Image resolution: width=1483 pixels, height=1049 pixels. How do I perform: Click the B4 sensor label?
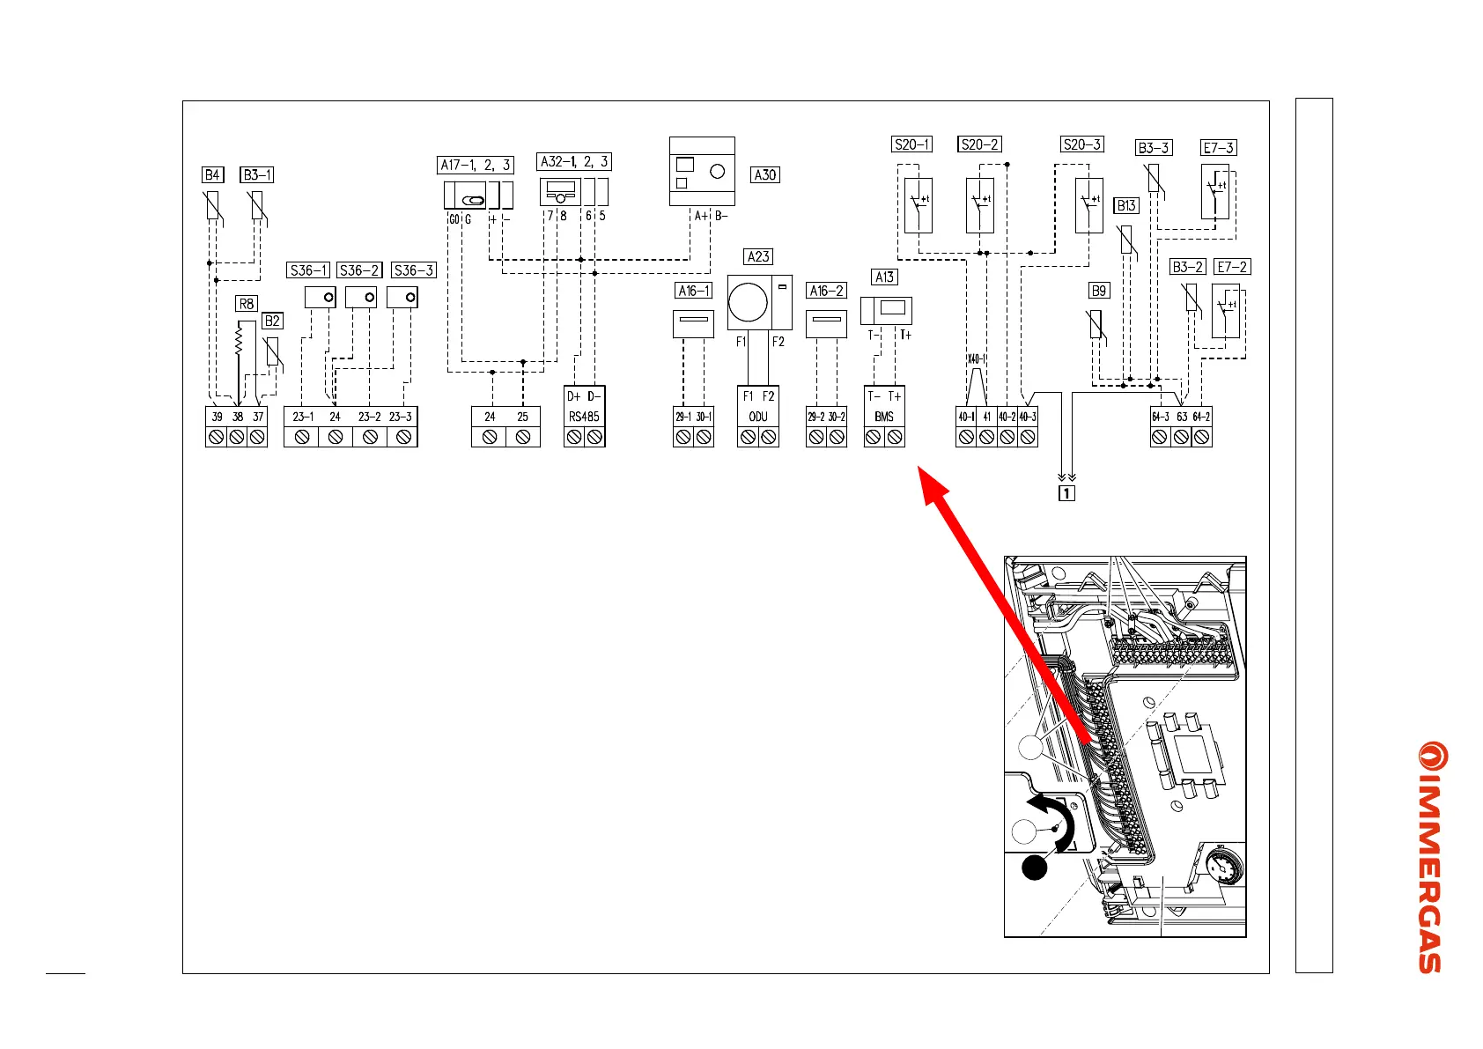point(212,174)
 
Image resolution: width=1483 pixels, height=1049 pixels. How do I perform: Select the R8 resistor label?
point(247,304)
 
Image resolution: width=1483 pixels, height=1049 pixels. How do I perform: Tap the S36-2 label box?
point(360,270)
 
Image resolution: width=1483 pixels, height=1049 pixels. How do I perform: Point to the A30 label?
point(765,174)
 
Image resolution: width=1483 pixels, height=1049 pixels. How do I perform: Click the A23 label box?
point(758,256)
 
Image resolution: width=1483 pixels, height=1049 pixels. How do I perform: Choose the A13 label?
point(885,277)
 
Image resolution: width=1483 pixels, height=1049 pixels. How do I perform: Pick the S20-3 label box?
point(1082,144)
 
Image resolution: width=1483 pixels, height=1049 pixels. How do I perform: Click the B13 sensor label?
point(1126,205)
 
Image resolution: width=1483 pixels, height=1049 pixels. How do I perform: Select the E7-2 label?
point(1232,266)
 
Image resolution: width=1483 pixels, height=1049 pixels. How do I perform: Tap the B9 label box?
point(1099,291)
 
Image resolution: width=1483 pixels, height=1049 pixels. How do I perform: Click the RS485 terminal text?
point(584,417)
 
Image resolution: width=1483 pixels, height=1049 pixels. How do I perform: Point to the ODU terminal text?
point(758,417)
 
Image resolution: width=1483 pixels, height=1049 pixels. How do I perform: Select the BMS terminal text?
point(884,417)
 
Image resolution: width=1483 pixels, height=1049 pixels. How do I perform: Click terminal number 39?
point(217,417)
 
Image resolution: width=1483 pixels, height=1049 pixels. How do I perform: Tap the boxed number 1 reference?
point(1066,493)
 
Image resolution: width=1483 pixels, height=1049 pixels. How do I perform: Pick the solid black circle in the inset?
point(1035,868)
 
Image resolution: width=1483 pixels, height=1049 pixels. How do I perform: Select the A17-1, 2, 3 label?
point(476,165)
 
